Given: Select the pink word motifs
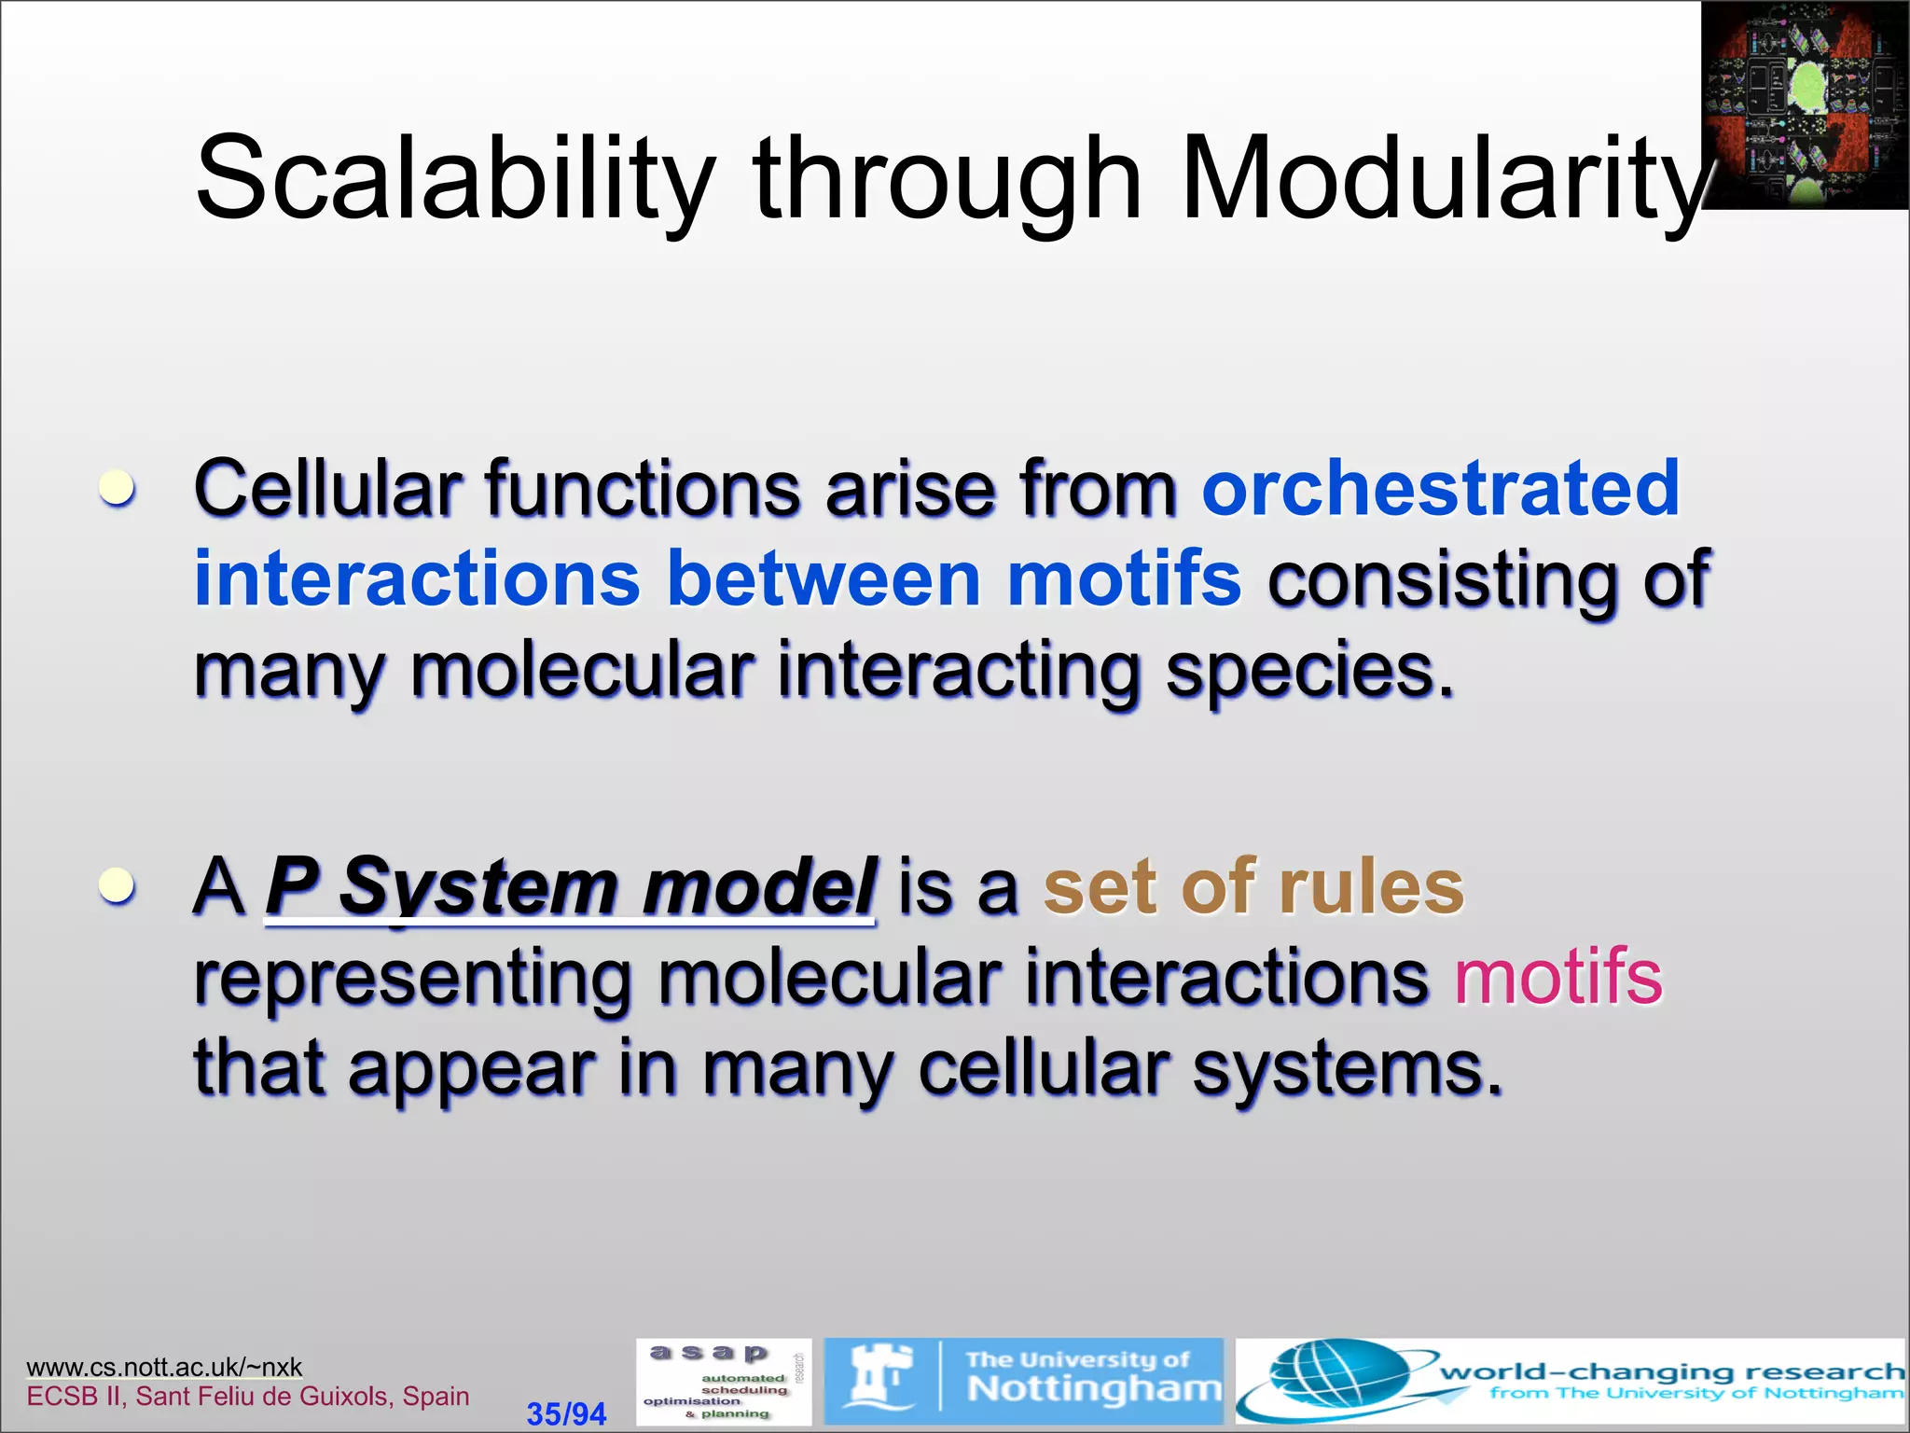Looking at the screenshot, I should click(1558, 977).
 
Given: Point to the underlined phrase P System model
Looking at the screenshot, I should click(570, 886).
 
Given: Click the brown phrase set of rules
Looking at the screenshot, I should click(1253, 886).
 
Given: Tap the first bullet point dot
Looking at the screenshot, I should click(118, 488).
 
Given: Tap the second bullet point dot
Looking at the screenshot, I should click(118, 885).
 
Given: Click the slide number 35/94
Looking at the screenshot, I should click(566, 1413).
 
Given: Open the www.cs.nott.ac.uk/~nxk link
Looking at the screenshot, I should click(164, 1367).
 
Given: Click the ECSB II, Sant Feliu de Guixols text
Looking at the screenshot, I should click(248, 1396).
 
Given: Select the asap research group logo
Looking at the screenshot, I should click(723, 1382).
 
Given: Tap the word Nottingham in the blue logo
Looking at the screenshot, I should click(1093, 1390).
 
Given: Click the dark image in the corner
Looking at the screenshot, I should click(1804, 104).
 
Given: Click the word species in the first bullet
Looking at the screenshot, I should click(1309, 671).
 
